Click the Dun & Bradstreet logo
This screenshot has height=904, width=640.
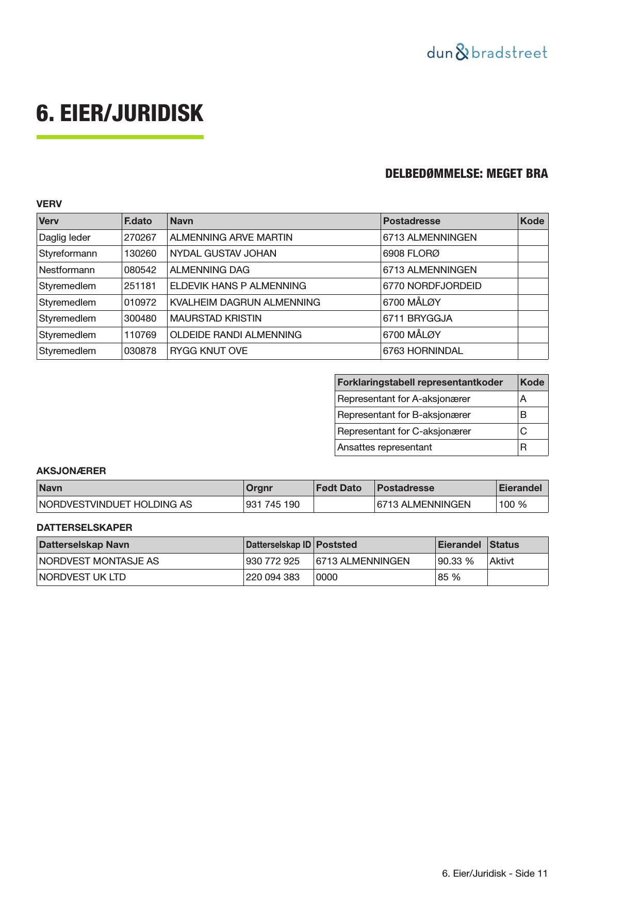coord(487,53)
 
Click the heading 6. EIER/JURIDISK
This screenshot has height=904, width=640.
coord(120,113)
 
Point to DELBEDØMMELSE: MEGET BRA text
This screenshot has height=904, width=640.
coord(466,174)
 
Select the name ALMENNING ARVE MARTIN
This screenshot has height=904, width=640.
coord(231,238)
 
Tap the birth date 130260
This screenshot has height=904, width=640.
coord(140,254)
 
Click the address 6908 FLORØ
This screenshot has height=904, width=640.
coord(412,254)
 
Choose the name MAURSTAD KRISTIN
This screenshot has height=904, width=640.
coord(216,319)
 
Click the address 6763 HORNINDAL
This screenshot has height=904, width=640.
coord(423,351)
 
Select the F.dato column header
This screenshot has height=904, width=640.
coord(138,221)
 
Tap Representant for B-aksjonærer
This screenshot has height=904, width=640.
coord(404,415)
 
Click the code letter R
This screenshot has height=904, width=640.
coord(523,447)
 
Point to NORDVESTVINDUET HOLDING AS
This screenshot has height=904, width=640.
coord(116,505)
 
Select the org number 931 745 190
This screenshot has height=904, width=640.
coord(273,505)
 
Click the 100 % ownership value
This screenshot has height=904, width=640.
coord(513,505)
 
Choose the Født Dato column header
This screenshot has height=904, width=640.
coord(339,488)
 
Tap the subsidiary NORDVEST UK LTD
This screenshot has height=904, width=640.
coord(83,577)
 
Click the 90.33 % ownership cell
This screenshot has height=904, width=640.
coord(455,561)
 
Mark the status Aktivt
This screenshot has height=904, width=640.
coord(502,561)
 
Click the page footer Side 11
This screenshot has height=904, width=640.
coord(495,874)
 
